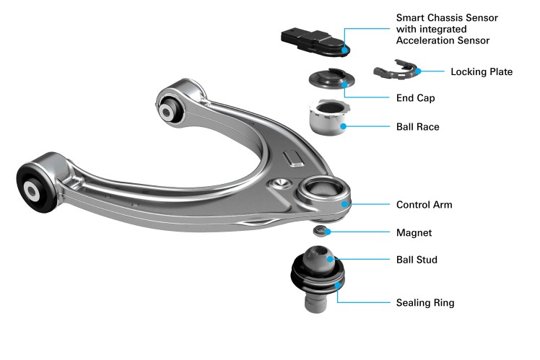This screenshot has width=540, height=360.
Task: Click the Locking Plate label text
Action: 482,72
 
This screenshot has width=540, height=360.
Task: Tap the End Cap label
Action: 415,97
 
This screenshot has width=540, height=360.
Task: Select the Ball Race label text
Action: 418,127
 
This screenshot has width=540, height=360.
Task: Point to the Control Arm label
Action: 424,205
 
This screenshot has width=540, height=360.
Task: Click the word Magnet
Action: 414,233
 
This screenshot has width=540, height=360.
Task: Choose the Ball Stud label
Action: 417,259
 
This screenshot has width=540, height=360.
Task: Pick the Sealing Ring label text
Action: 425,303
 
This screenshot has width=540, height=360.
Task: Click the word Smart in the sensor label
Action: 411,17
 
